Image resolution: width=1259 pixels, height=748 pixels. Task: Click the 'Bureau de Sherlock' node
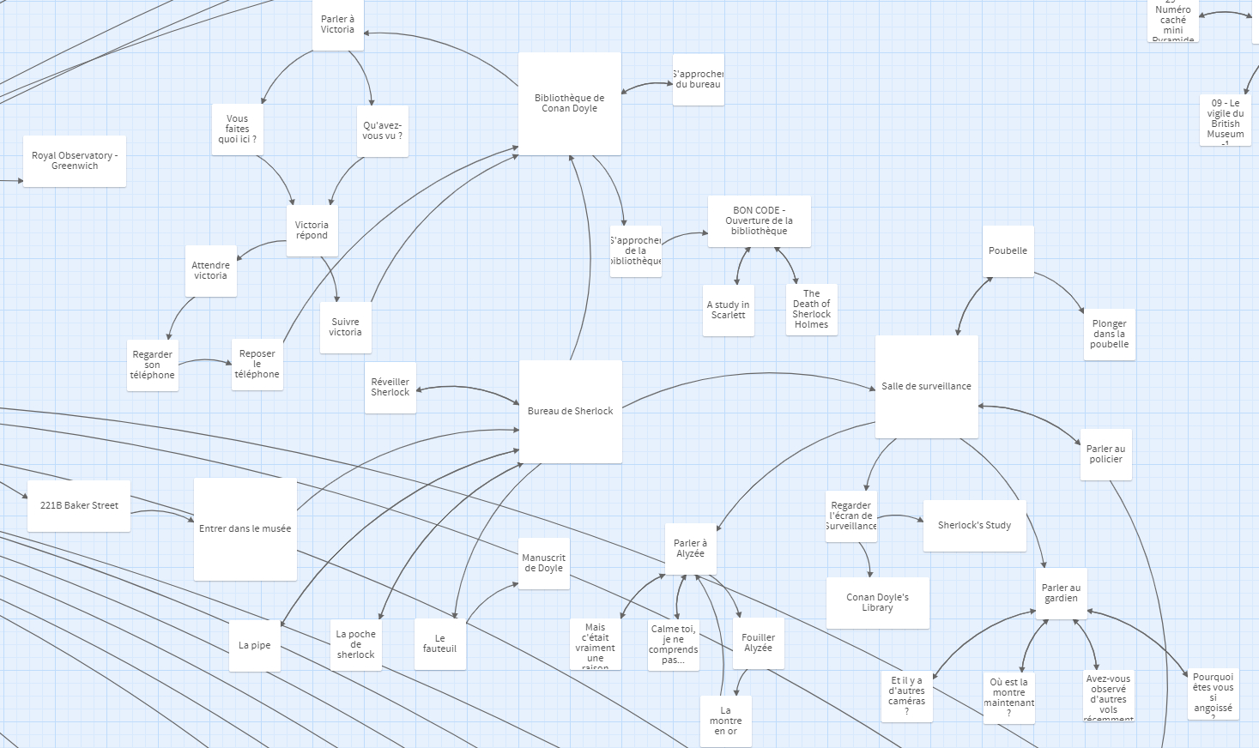point(570,411)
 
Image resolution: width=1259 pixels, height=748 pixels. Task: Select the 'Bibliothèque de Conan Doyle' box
point(569,104)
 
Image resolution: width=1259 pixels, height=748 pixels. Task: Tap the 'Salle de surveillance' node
point(926,386)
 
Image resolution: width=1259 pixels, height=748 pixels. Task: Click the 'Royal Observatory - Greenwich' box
point(75,160)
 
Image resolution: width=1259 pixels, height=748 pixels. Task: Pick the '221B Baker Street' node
point(79,505)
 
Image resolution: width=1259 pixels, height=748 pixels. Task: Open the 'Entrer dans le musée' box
point(245,528)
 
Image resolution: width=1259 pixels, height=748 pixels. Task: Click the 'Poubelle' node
point(1008,250)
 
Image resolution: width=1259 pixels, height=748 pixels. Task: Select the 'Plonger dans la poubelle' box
point(1109,334)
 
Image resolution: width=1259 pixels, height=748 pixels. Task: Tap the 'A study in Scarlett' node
point(728,310)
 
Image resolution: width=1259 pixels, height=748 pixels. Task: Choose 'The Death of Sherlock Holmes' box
point(811,309)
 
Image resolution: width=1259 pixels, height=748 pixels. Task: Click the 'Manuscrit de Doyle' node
point(543,563)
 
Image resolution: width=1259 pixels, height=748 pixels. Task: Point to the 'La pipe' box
point(254,645)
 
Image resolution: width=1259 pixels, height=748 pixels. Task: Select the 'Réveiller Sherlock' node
point(390,387)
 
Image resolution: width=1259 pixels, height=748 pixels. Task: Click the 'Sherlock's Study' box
point(974,525)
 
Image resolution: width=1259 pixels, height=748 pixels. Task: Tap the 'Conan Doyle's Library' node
point(877,602)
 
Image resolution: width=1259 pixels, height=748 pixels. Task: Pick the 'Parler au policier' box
point(1105,454)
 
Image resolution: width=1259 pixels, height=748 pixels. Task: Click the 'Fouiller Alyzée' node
point(758,642)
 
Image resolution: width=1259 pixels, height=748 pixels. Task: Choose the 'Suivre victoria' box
point(345,327)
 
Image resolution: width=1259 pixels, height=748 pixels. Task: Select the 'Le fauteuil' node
point(439,643)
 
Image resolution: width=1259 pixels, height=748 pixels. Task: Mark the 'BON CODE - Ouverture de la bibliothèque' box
point(759,220)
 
